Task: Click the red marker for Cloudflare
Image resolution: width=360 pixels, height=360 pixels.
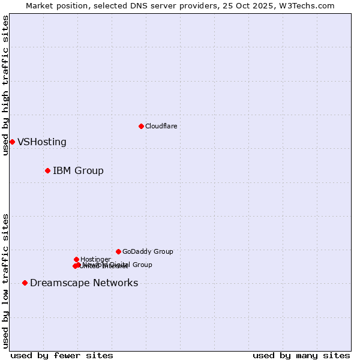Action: (x=141, y=126)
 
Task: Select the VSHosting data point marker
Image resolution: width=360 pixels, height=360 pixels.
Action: (x=12, y=142)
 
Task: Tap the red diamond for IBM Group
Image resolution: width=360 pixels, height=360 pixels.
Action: (x=47, y=170)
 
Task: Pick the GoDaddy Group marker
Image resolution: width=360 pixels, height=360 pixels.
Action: (x=118, y=251)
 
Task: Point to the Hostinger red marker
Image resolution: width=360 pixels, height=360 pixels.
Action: (x=76, y=259)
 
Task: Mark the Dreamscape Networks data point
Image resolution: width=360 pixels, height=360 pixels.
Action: (x=25, y=283)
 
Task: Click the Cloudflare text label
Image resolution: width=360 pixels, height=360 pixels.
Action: (x=161, y=126)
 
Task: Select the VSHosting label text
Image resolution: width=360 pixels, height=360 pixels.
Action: (x=42, y=142)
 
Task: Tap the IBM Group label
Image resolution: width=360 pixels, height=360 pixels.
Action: (x=78, y=171)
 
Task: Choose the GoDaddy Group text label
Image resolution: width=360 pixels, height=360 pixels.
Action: (x=148, y=252)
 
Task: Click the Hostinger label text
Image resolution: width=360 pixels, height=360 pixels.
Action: (x=95, y=259)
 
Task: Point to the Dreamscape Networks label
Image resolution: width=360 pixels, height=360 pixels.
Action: (x=84, y=283)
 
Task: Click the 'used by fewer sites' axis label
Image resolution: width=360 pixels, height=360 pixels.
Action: (x=62, y=355)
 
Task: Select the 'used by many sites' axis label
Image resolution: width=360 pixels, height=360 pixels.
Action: (x=301, y=355)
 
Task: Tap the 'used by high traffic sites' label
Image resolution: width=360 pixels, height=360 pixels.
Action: (x=6, y=85)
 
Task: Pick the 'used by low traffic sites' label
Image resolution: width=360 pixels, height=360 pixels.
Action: (x=6, y=280)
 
